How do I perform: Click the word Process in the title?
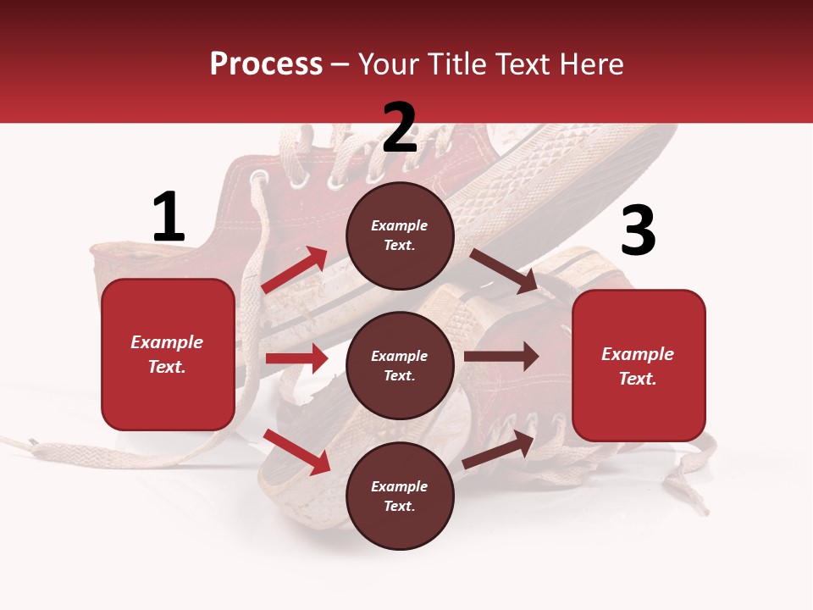266,64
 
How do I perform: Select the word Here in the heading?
590,64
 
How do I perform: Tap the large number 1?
169,217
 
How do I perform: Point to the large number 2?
400,128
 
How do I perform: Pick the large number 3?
638,231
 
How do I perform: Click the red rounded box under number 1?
168,354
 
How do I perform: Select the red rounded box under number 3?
639,366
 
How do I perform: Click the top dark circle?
400,236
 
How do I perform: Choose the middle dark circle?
400,366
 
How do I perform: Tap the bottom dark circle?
400,496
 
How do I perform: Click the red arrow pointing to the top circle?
295,269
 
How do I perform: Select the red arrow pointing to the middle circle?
296,358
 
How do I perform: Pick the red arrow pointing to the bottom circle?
296,452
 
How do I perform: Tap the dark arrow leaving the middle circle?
501,357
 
